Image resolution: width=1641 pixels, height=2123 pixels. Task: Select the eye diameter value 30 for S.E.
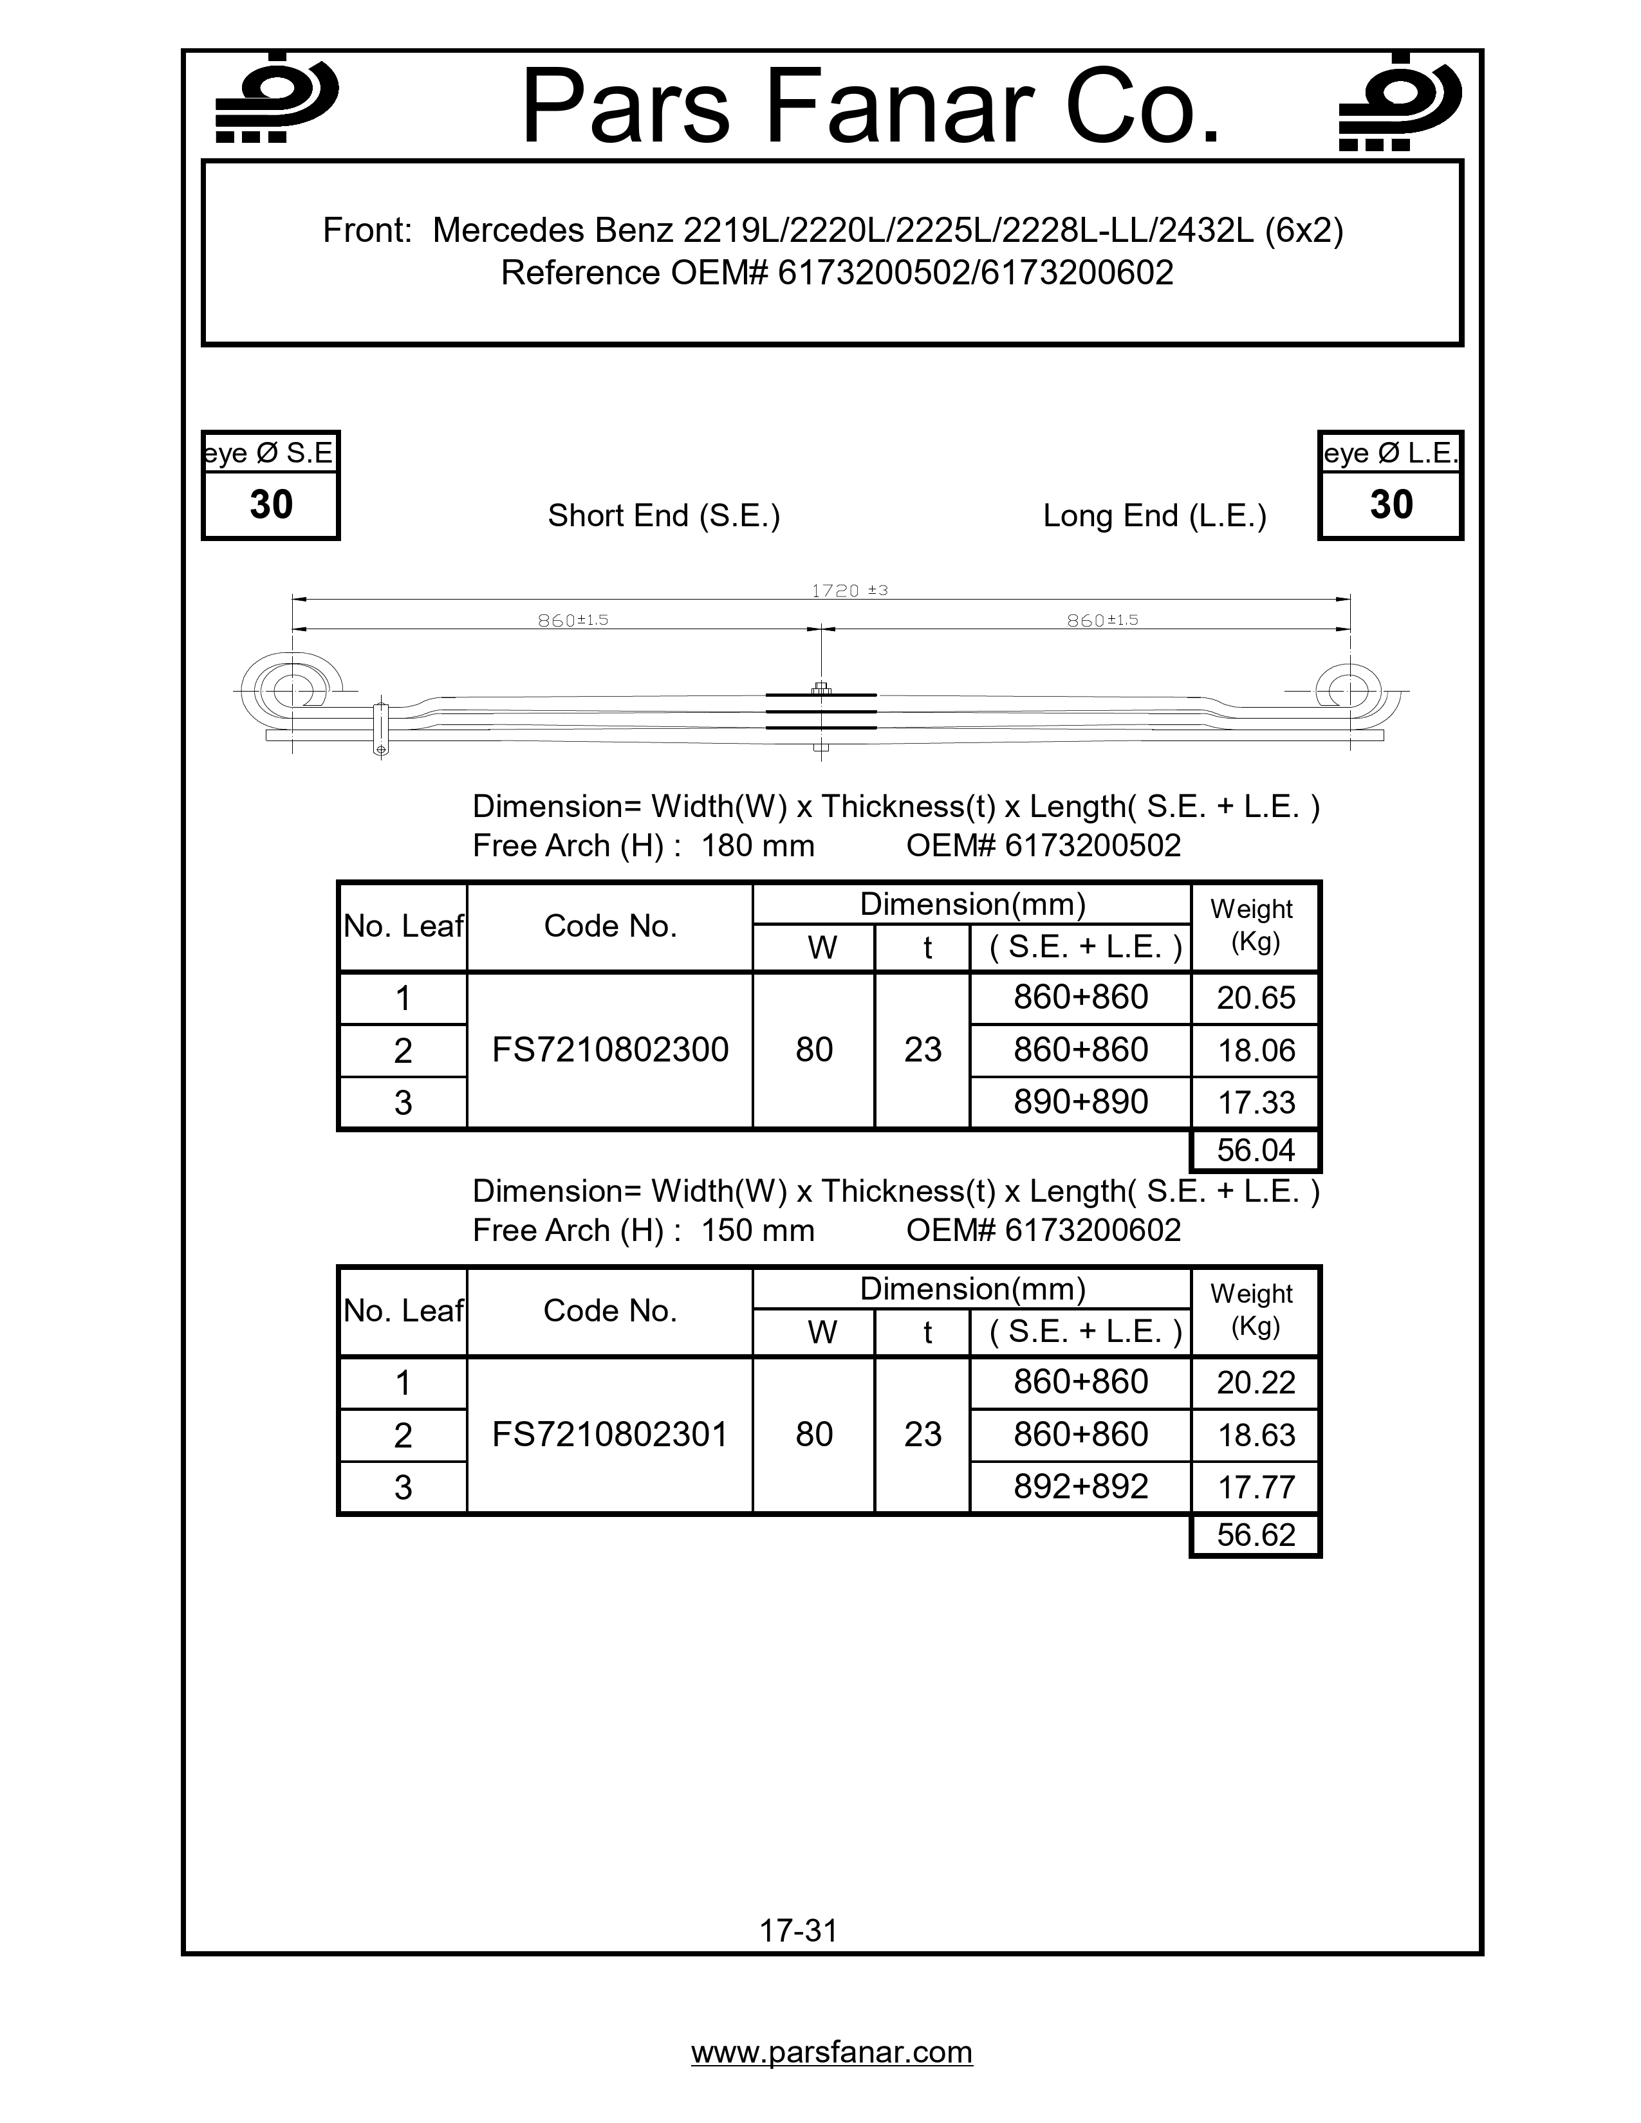(271, 504)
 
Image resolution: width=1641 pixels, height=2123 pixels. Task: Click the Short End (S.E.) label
(664, 515)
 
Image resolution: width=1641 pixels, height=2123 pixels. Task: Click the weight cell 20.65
(1255, 998)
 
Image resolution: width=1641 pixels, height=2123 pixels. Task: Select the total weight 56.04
(1255, 1151)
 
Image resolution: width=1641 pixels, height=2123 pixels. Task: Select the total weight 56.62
(1255, 1535)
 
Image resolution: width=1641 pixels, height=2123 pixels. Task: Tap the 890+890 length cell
(1080, 1102)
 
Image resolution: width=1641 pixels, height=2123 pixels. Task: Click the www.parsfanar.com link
(831, 2052)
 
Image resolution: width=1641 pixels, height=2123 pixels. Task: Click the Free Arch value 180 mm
(757, 846)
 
